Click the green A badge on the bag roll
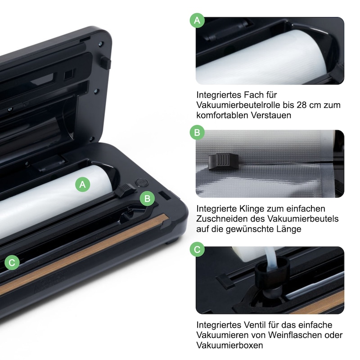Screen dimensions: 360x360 pos(83,184)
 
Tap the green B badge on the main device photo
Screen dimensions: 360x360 pos(148,198)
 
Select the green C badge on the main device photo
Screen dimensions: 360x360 pos(12,262)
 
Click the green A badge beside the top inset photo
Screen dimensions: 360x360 pos(197,20)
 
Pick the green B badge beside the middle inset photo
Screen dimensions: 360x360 pos(197,132)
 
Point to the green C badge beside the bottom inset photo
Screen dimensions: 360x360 pos(197,249)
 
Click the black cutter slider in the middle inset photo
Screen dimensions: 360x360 pos(223,162)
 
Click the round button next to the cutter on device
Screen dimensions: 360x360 pos(142,183)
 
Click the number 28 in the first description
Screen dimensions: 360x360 pos(301,105)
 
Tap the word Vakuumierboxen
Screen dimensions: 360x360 pos(229,345)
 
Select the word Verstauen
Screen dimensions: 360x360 pos(271,115)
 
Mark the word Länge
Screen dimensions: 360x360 pos(288,229)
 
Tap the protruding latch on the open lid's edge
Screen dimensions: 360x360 pos(105,62)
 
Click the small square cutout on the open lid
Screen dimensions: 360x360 pos(69,74)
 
